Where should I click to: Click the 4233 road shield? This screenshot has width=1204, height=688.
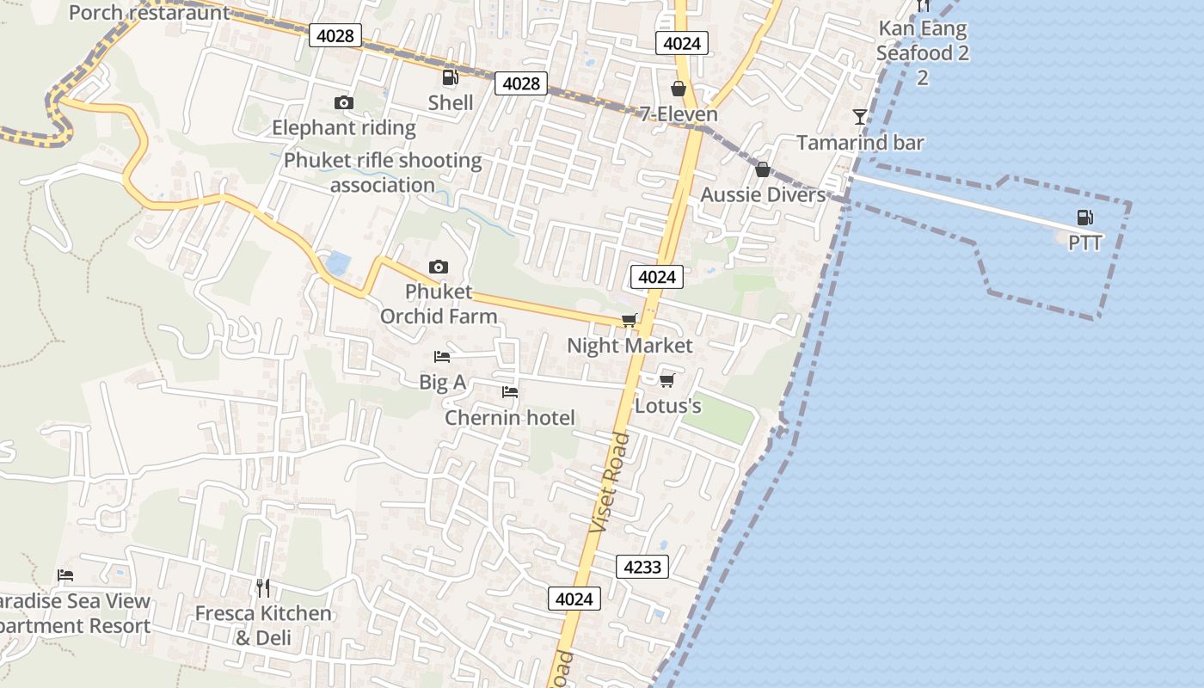click(x=642, y=567)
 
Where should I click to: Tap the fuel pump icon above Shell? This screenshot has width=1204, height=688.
click(x=450, y=78)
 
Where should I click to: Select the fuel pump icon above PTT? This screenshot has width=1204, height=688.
click(x=1085, y=218)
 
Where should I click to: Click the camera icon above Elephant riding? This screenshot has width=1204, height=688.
click(x=343, y=103)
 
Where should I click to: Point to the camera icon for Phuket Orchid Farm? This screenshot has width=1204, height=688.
click(x=439, y=267)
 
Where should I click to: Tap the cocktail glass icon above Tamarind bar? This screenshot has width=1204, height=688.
click(x=859, y=117)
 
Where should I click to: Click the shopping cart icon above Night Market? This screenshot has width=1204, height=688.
click(x=630, y=321)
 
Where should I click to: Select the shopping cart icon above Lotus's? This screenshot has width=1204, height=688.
click(x=666, y=380)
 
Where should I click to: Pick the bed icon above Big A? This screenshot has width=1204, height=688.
click(x=442, y=357)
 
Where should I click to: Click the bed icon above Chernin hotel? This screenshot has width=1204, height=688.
click(x=510, y=393)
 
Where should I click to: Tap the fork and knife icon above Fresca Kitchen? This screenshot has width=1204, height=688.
click(x=263, y=588)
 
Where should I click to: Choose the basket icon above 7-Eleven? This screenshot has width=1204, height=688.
click(x=679, y=89)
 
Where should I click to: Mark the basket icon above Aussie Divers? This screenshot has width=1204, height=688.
click(x=762, y=169)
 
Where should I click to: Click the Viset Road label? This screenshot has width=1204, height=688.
click(x=611, y=482)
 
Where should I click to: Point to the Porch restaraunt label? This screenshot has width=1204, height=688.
click(x=150, y=13)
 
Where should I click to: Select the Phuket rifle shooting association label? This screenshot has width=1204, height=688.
click(x=383, y=173)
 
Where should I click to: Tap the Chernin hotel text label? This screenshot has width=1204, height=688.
click(x=510, y=418)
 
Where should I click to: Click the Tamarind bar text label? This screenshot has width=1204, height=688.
click(x=860, y=143)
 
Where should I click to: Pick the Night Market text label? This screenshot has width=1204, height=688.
click(x=630, y=346)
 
